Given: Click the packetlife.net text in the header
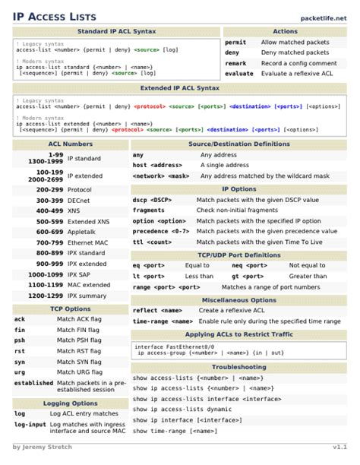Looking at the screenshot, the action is [x=324, y=17].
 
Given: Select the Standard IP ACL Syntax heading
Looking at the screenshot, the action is [x=116, y=31].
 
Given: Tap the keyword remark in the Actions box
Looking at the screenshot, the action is [x=235, y=64].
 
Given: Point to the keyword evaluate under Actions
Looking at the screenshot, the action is [x=239, y=74].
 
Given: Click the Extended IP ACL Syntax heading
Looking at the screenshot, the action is [x=180, y=88].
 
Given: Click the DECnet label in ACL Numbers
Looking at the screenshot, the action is [x=79, y=200].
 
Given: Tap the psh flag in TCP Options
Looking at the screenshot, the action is [x=20, y=340].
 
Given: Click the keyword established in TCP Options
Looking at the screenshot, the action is [x=33, y=383].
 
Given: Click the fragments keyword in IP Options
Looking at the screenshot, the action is [x=149, y=210].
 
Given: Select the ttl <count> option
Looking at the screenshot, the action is [x=153, y=242].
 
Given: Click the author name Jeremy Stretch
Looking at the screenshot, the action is [x=43, y=447].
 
